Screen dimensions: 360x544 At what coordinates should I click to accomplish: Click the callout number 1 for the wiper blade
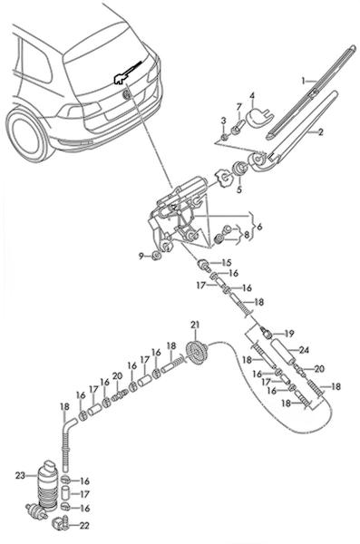click(303, 81)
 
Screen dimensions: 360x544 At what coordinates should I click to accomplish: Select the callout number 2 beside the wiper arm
click(320, 131)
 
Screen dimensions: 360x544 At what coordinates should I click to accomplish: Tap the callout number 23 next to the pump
click(19, 475)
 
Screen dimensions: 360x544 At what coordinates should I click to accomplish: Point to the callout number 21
click(195, 325)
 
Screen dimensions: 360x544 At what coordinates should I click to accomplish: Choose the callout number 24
click(304, 350)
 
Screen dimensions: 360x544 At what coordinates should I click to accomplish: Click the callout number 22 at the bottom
click(84, 526)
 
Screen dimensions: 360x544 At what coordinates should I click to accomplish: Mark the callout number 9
click(141, 257)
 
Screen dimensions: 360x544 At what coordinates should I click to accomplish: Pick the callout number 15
click(227, 262)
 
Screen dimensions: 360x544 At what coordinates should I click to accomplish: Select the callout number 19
click(289, 334)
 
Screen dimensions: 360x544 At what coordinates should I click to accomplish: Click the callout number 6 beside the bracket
click(259, 227)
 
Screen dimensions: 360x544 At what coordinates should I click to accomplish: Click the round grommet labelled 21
click(197, 354)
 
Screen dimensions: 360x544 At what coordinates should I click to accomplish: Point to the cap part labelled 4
click(258, 117)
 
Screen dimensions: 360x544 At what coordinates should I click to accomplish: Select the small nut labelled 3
click(225, 136)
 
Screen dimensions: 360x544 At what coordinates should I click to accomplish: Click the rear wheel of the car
click(27, 134)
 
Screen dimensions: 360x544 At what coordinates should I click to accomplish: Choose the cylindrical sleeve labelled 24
click(283, 352)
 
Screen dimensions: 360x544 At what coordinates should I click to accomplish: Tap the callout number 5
click(239, 189)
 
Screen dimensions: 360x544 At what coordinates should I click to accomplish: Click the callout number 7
click(238, 107)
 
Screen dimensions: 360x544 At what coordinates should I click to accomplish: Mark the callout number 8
click(246, 235)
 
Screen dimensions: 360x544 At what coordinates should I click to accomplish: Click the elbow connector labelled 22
click(60, 523)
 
